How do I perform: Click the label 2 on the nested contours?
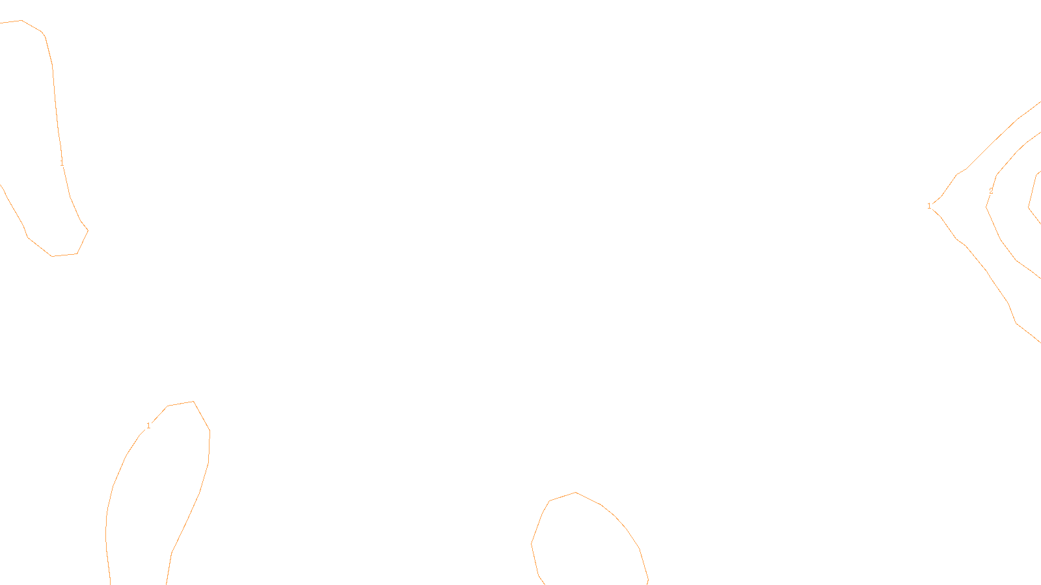991,191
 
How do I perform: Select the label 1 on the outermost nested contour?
929,206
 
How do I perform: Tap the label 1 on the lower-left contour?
148,426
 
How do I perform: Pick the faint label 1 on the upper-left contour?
62,163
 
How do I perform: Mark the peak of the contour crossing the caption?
576,492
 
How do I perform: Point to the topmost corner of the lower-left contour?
193,401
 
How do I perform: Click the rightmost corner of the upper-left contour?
88,230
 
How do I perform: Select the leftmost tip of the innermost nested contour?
1029,207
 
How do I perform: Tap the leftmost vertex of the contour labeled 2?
986,207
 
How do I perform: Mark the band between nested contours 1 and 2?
963,207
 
